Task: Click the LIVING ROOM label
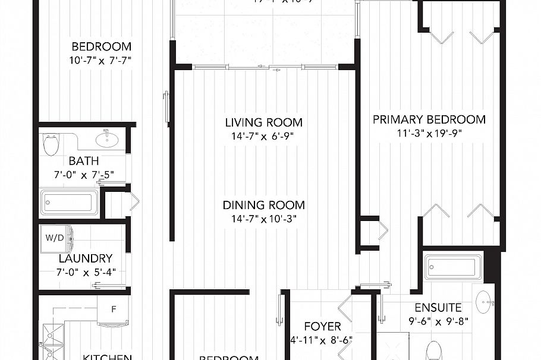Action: [x=263, y=123]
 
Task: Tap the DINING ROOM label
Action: [x=263, y=205]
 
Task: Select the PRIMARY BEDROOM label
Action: [x=429, y=119]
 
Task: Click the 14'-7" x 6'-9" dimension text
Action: [x=263, y=136]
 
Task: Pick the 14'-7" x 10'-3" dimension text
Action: [x=263, y=219]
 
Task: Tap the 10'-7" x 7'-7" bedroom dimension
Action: [x=101, y=59]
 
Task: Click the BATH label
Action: [x=84, y=161]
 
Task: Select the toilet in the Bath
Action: [x=52, y=143]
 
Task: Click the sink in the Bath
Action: [x=107, y=140]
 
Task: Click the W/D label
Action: [x=54, y=238]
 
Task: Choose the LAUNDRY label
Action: [x=86, y=258]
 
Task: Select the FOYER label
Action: [x=322, y=327]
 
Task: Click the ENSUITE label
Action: [x=438, y=308]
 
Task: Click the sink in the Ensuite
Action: [x=485, y=302]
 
